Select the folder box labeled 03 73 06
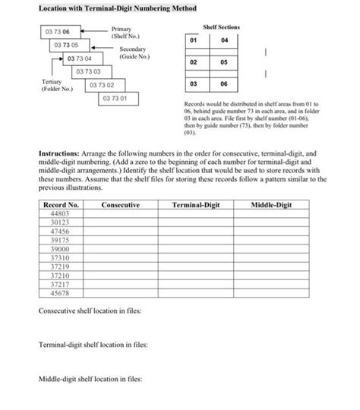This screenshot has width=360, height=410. tap(57, 33)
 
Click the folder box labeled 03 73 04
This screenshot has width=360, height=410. tap(79, 58)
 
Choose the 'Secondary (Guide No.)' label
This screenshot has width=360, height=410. tap(134, 53)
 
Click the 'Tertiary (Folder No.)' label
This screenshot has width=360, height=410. tap(54, 84)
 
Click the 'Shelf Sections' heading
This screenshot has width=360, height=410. tap(222, 27)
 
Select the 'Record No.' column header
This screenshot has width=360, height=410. tap(61, 205)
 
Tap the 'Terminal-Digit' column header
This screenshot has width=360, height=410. tap(197, 205)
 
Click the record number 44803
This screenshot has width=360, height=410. tap(60, 214)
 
